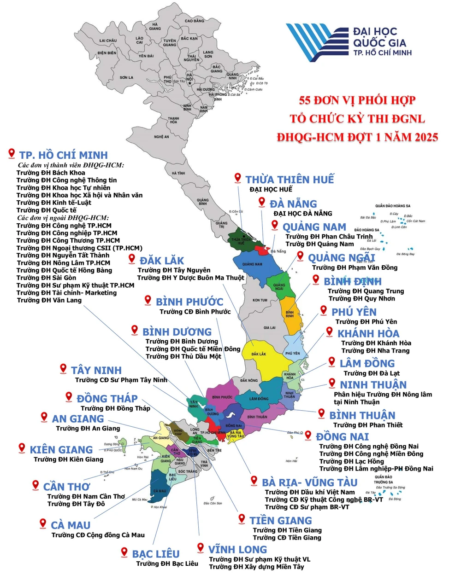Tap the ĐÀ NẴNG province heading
click(x=293, y=204)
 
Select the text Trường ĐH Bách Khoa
click(x=51, y=173)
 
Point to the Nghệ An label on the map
click(x=161, y=137)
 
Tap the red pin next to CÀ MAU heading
click(x=43, y=523)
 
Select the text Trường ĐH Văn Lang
click(x=49, y=300)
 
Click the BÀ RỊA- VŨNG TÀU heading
click(x=309, y=482)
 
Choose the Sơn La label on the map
click(x=126, y=77)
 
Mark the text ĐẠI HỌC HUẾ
click(x=271, y=189)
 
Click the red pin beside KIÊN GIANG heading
click(x=22, y=447)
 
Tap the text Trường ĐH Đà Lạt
click(x=372, y=373)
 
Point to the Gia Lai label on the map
click(x=270, y=328)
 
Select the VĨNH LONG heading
click(x=237, y=550)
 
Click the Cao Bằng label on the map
click(x=194, y=21)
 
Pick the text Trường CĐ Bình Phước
click(x=195, y=312)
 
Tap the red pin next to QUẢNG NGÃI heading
click(x=300, y=256)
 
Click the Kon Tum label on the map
click(x=260, y=300)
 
